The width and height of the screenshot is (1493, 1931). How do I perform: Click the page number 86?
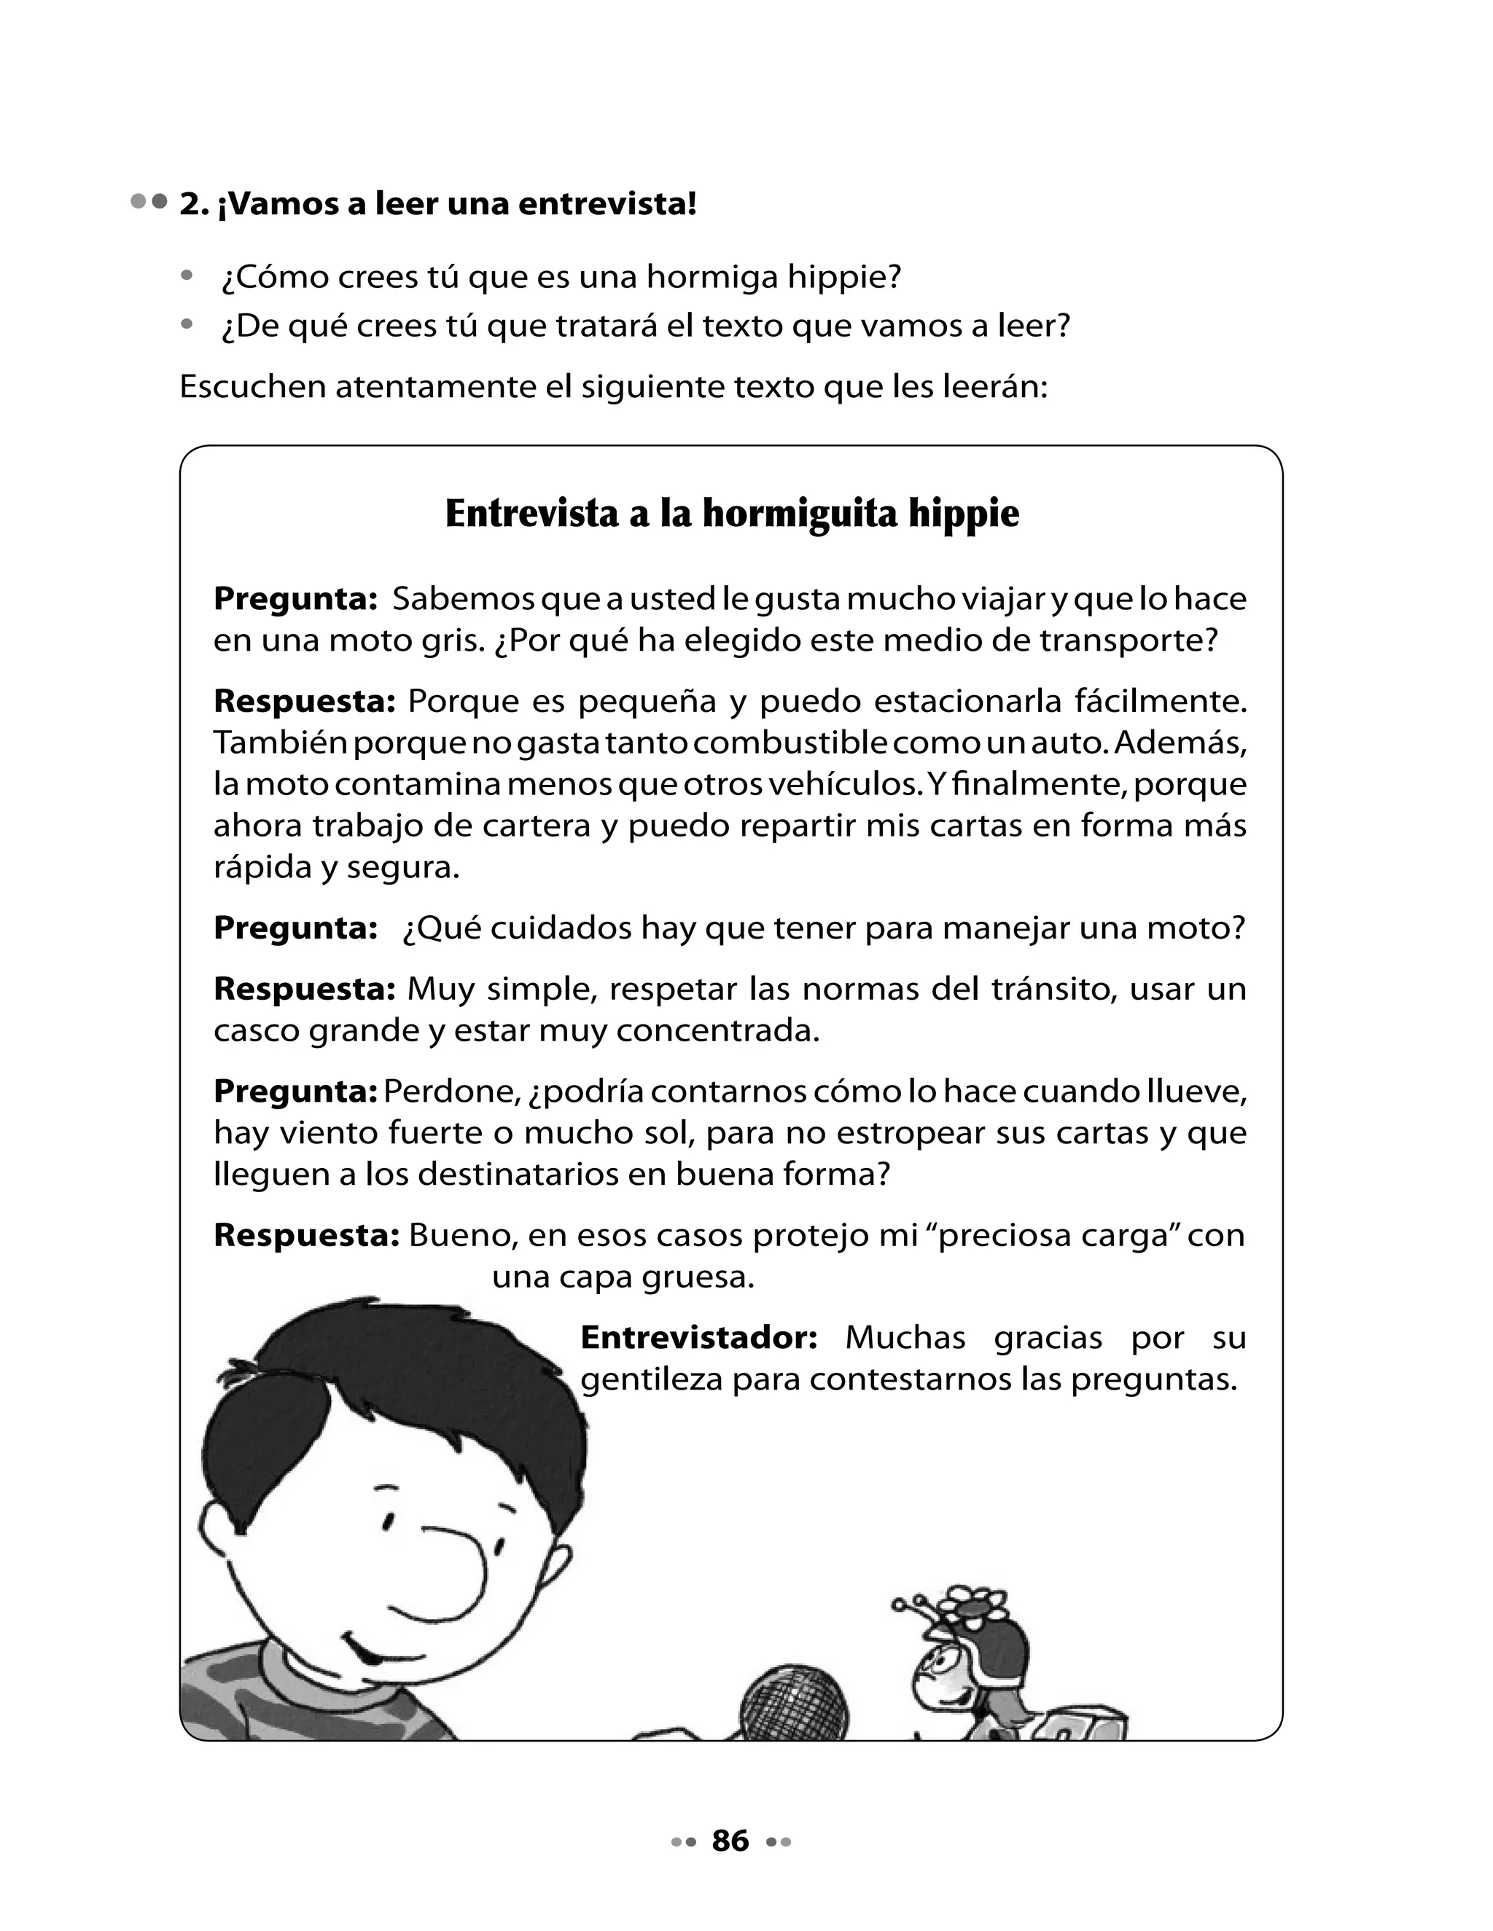point(730,1841)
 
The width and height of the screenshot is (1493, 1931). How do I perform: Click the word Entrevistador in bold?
point(698,1338)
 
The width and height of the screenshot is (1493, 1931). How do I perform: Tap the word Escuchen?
point(252,387)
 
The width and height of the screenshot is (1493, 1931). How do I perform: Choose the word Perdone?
point(449,1092)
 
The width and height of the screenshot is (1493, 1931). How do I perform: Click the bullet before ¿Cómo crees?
point(186,276)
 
